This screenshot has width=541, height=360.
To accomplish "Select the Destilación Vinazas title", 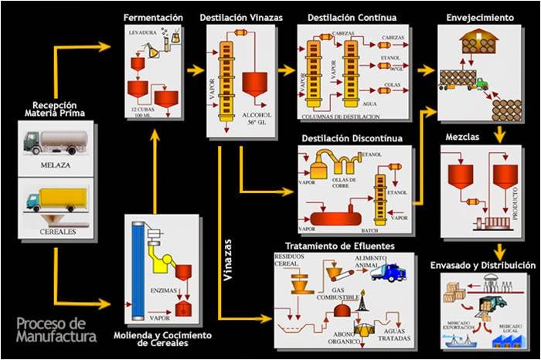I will [x=240, y=16].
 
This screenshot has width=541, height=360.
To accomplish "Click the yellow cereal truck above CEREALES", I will [x=53, y=202].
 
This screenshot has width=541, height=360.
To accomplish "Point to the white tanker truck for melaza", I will [x=53, y=144].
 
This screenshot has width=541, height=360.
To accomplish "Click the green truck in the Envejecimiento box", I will [x=480, y=83].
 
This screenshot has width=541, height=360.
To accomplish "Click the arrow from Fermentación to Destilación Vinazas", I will [x=194, y=70].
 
